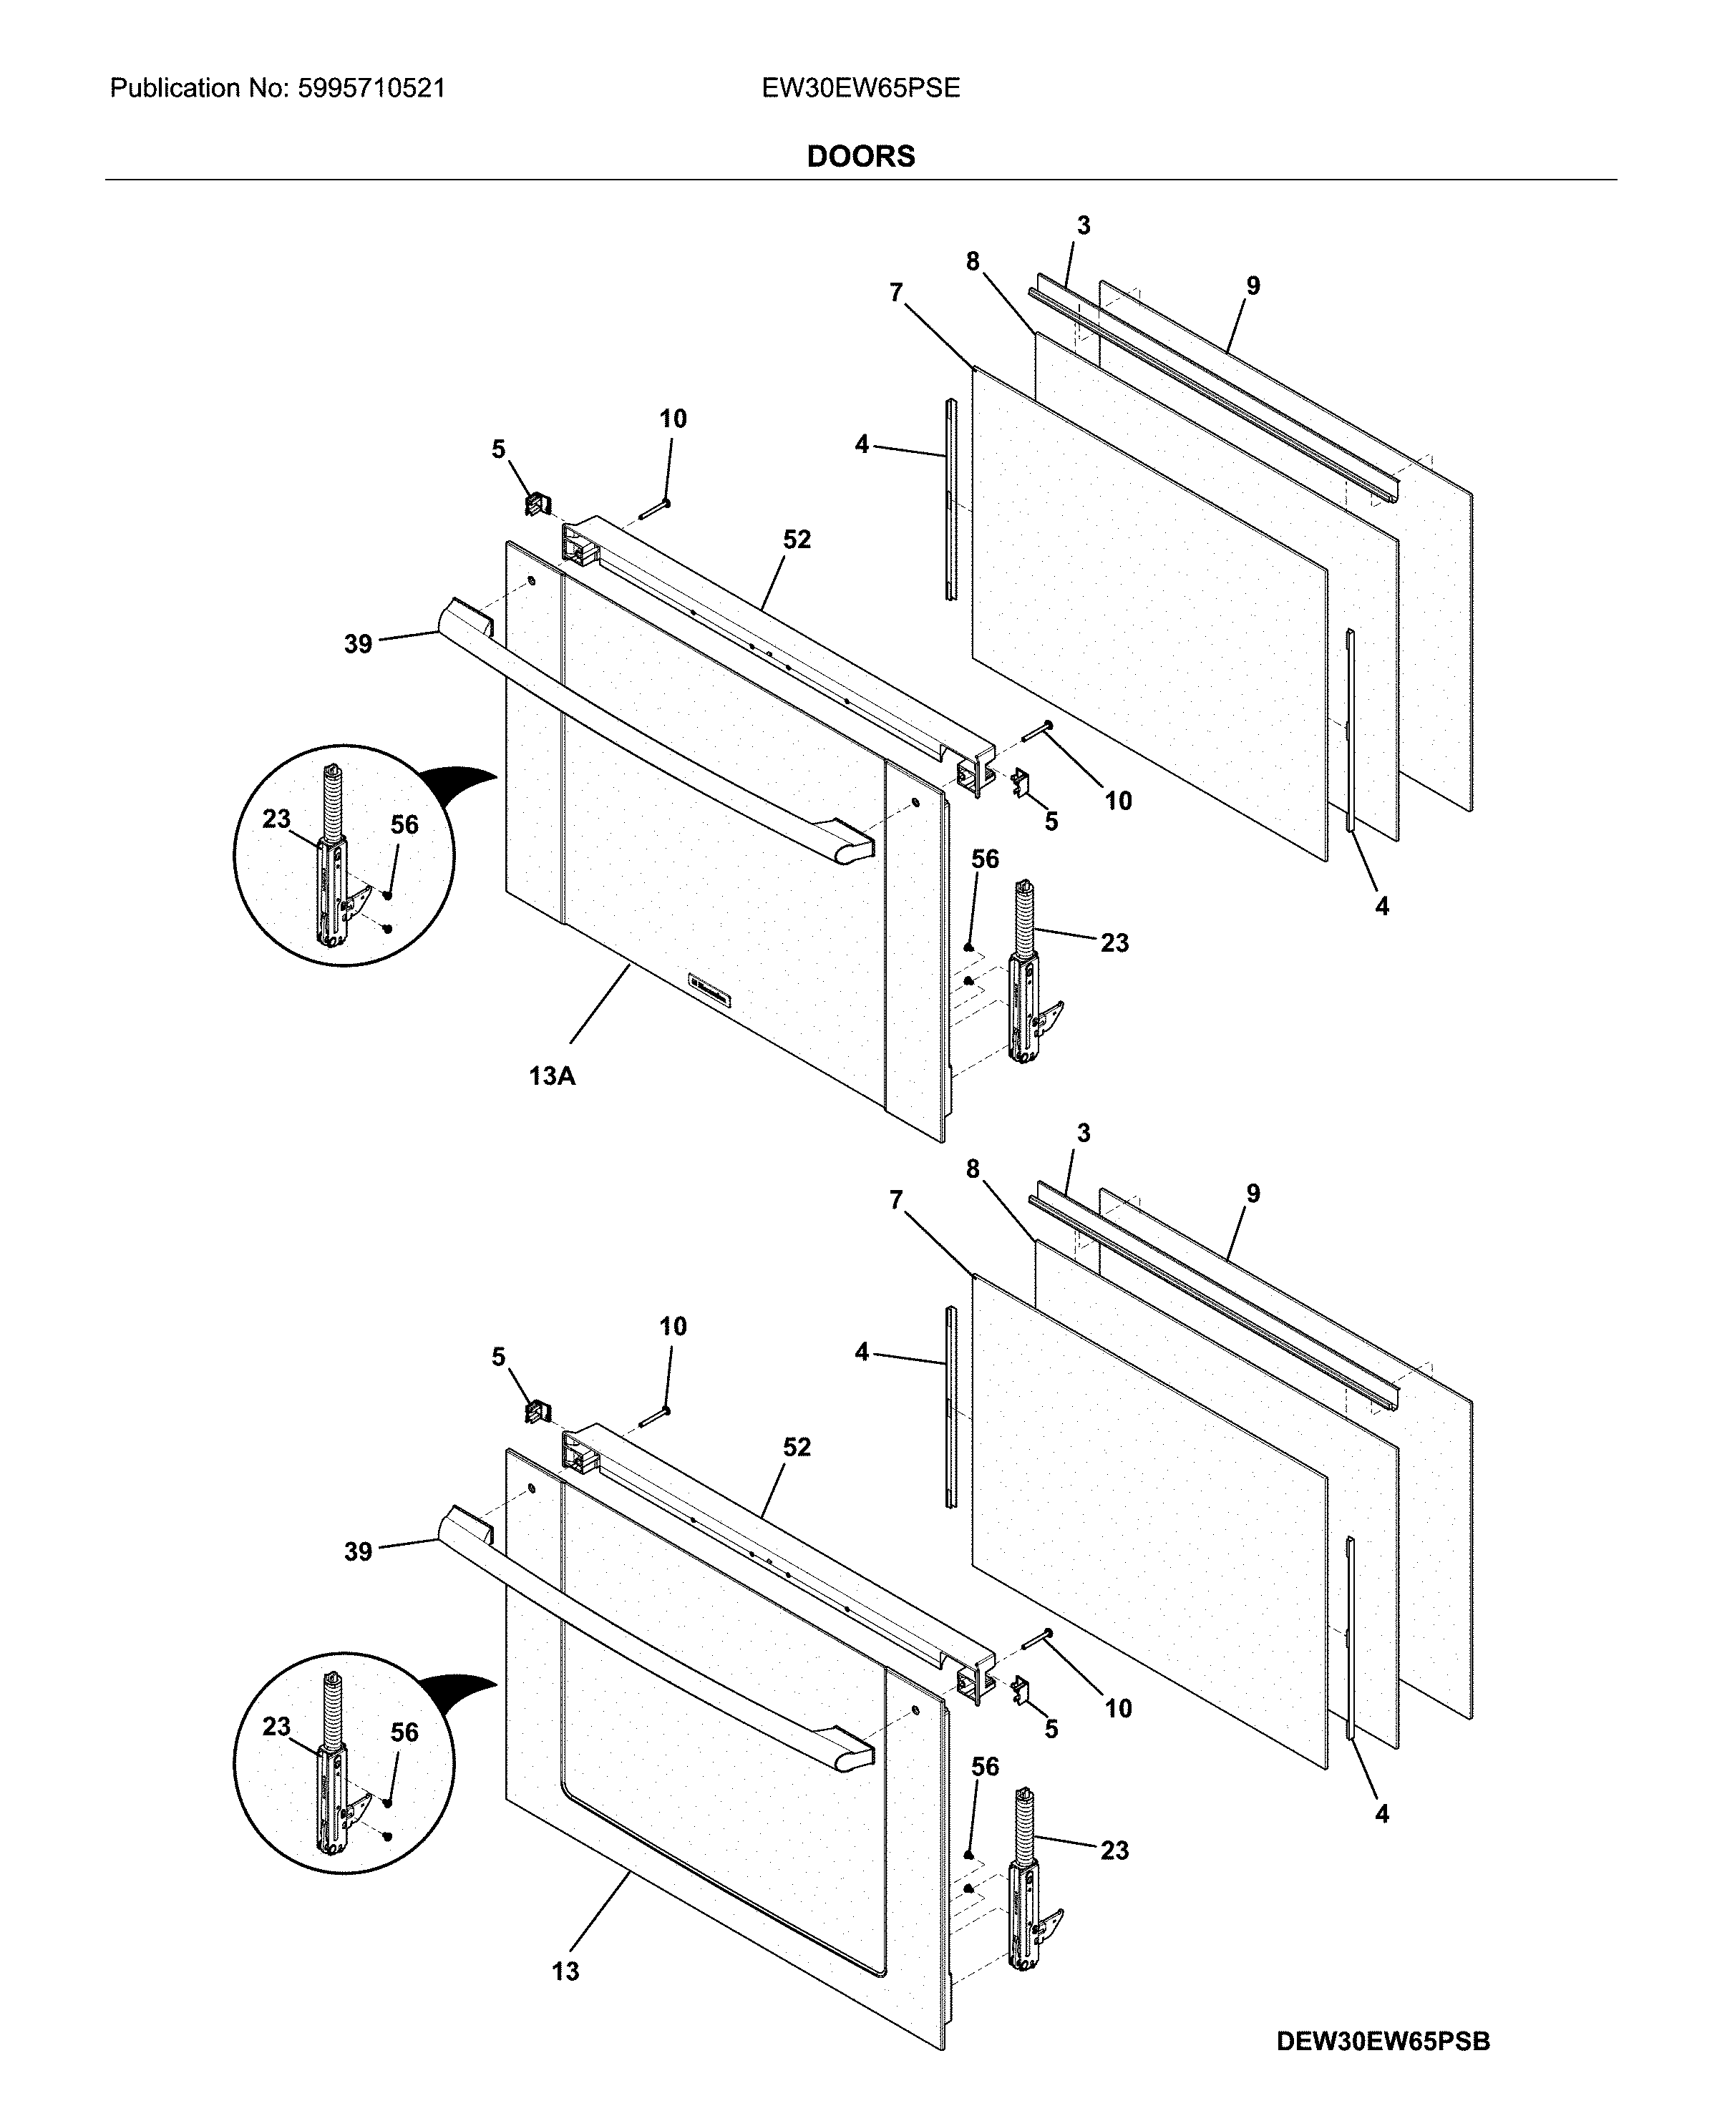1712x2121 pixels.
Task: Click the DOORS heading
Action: [860, 156]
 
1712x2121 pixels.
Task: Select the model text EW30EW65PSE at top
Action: [860, 89]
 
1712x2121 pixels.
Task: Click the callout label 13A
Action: [553, 1076]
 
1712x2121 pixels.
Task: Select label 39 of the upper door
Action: [358, 644]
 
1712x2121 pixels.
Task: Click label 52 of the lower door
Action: [797, 1448]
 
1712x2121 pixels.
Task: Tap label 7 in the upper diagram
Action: [895, 292]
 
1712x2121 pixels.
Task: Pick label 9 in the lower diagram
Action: [1253, 1194]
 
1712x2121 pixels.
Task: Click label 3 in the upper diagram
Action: [1084, 226]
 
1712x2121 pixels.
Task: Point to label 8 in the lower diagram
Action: [973, 1169]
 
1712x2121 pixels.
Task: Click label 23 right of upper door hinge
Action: [1114, 942]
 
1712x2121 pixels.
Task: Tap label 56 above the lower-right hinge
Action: [986, 1767]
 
